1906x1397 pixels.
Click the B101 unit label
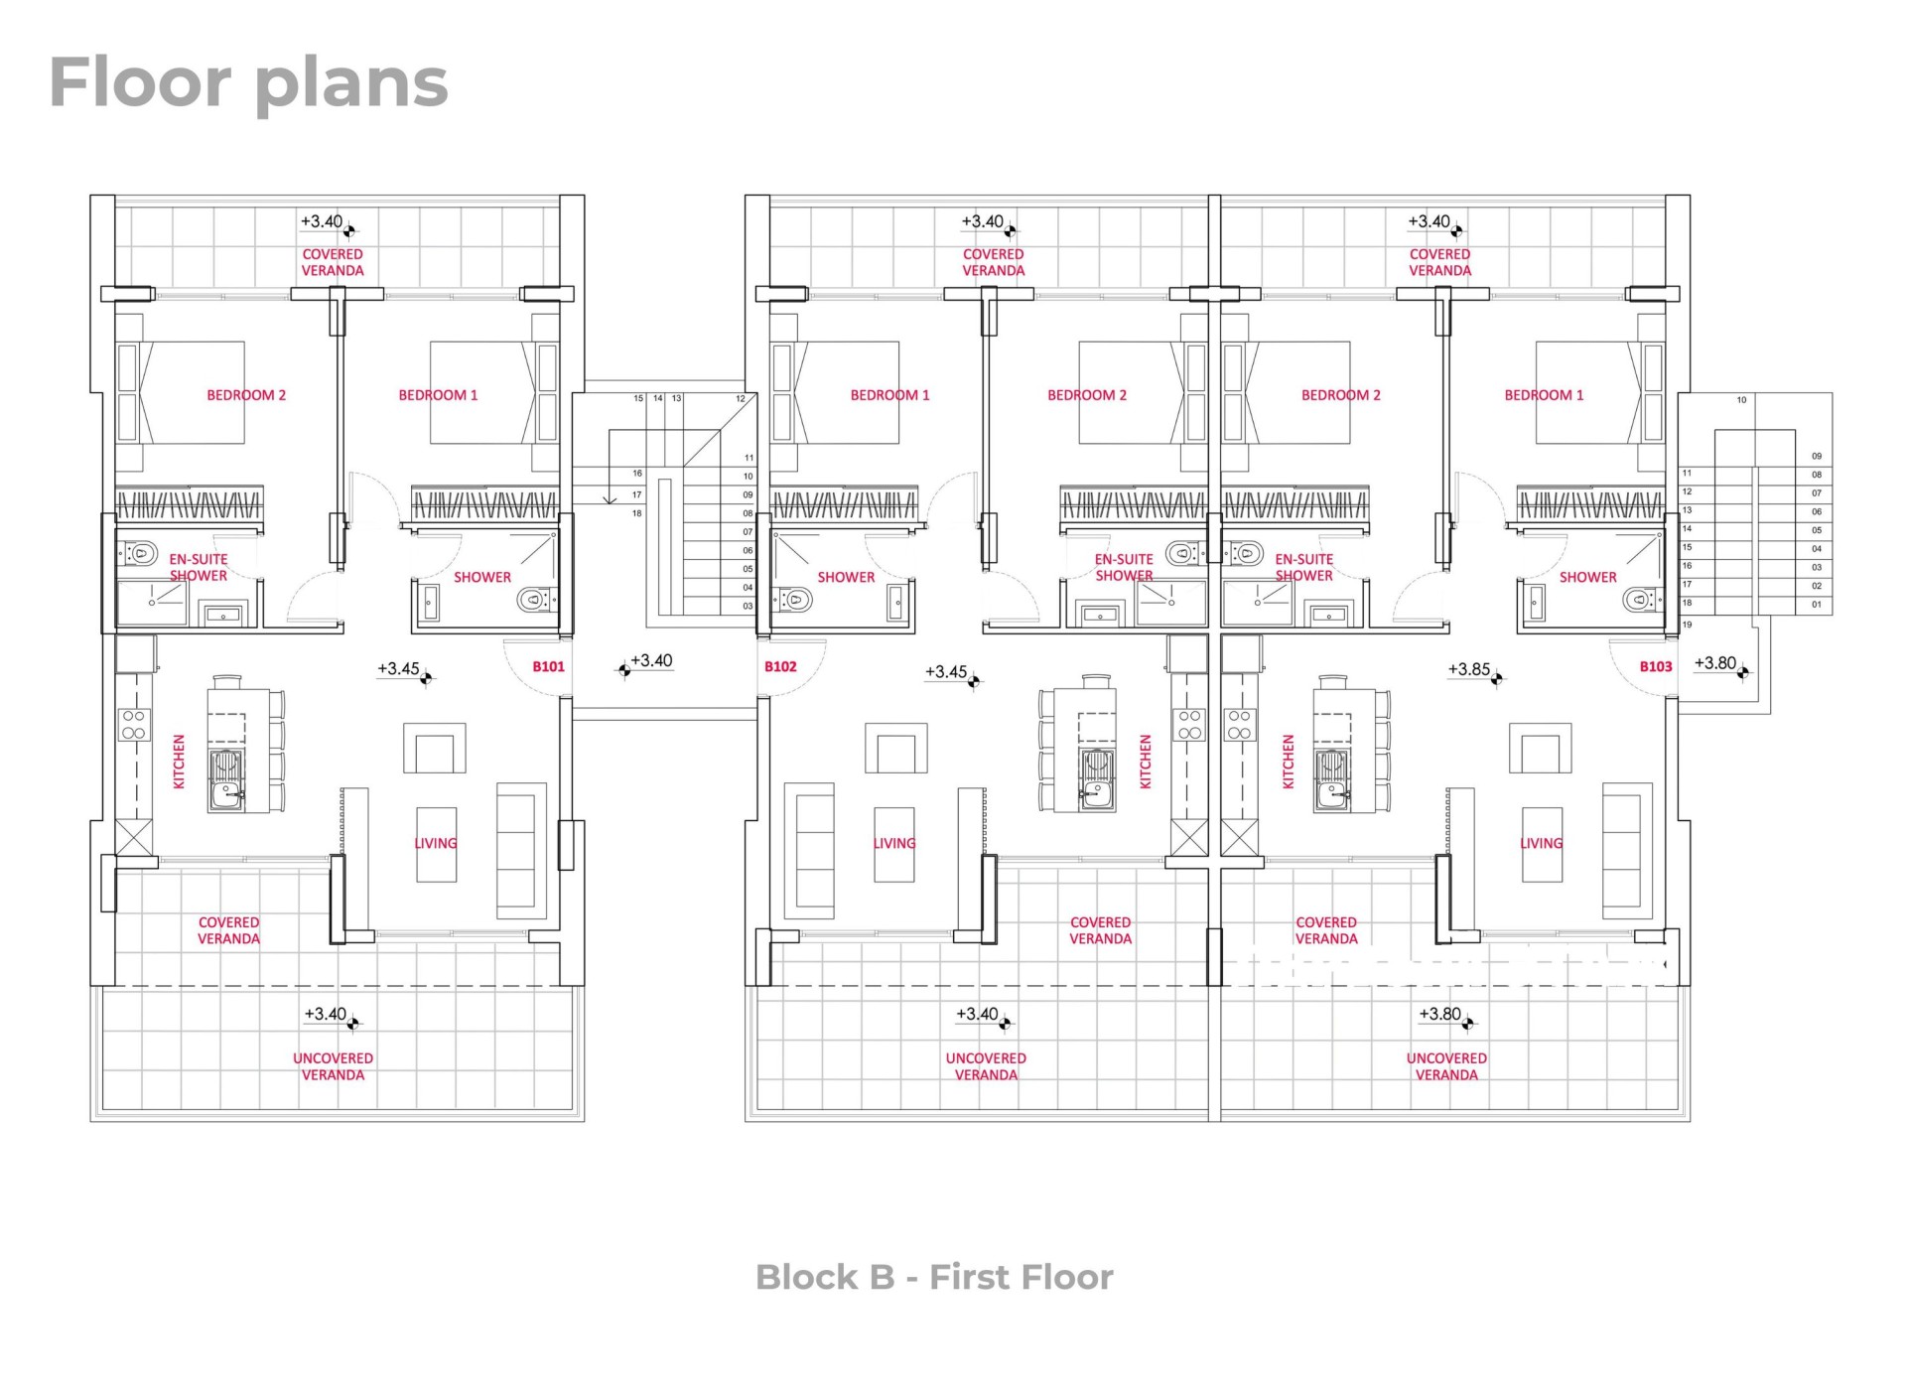(548, 666)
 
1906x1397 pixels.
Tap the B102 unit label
(780, 666)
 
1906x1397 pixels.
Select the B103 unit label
(1656, 666)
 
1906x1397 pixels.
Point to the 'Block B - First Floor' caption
(934, 1277)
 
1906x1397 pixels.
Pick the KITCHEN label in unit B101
(180, 762)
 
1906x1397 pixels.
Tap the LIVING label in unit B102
(894, 843)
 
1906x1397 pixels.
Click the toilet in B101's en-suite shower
(141, 552)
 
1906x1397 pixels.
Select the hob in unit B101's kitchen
(134, 725)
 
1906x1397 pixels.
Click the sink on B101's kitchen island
(226, 780)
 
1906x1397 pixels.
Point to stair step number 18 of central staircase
(637, 513)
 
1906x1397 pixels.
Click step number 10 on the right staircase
(1741, 400)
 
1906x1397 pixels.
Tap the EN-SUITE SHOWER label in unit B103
(1303, 567)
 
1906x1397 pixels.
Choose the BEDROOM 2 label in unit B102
(1087, 395)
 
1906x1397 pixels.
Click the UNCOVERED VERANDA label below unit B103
(1446, 1066)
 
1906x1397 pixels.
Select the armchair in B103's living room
(1540, 749)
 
